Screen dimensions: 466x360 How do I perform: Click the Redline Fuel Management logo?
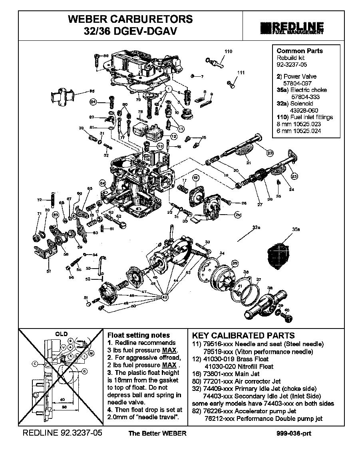coord(292,27)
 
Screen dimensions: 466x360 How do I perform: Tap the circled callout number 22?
coord(270,153)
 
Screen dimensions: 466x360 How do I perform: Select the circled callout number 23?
coord(294,175)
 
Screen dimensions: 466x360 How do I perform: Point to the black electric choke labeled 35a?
coord(279,252)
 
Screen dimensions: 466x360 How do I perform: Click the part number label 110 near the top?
coord(228,52)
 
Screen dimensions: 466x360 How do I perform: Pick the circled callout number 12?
coord(173,136)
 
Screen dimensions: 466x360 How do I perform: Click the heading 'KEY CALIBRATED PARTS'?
coord(243,336)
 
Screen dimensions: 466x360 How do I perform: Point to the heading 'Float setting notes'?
coord(139,335)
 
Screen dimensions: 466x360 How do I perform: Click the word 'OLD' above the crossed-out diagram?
coord(61,334)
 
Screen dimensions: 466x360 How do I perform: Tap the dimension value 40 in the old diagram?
coord(62,400)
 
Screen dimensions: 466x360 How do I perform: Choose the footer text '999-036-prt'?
coord(294,434)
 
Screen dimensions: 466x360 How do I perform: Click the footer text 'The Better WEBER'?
coord(157,434)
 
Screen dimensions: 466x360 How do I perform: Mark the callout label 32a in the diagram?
coord(256,227)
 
